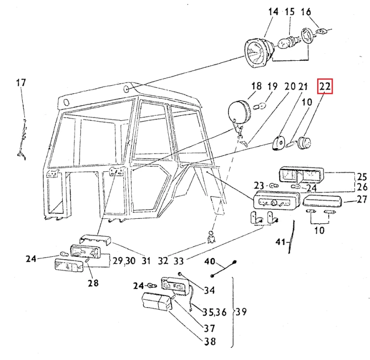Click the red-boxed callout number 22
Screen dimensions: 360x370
(325, 87)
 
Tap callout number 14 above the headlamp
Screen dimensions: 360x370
(273, 11)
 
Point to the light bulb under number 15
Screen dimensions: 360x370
(286, 42)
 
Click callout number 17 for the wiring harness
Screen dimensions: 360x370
(20, 83)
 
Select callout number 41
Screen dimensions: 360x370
(280, 242)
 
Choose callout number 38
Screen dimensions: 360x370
(209, 341)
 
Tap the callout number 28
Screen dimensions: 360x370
(93, 283)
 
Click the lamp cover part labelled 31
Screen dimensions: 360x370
(96, 240)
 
